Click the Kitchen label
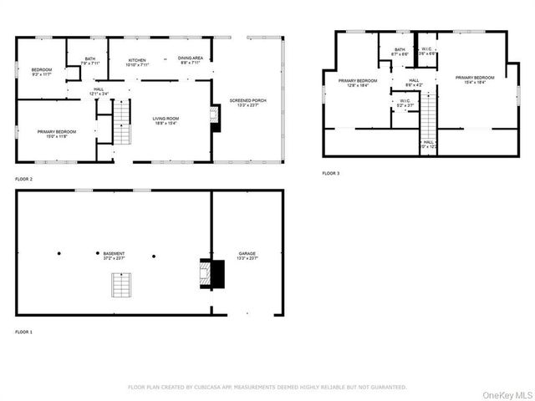coord(137,62)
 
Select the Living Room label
coord(166,119)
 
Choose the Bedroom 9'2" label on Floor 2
coord(42,70)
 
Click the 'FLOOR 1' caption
coord(23,332)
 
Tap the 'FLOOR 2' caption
coord(23,180)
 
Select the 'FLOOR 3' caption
coord(331,173)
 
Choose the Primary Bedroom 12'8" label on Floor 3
coord(358,82)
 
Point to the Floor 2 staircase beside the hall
coord(123,122)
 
